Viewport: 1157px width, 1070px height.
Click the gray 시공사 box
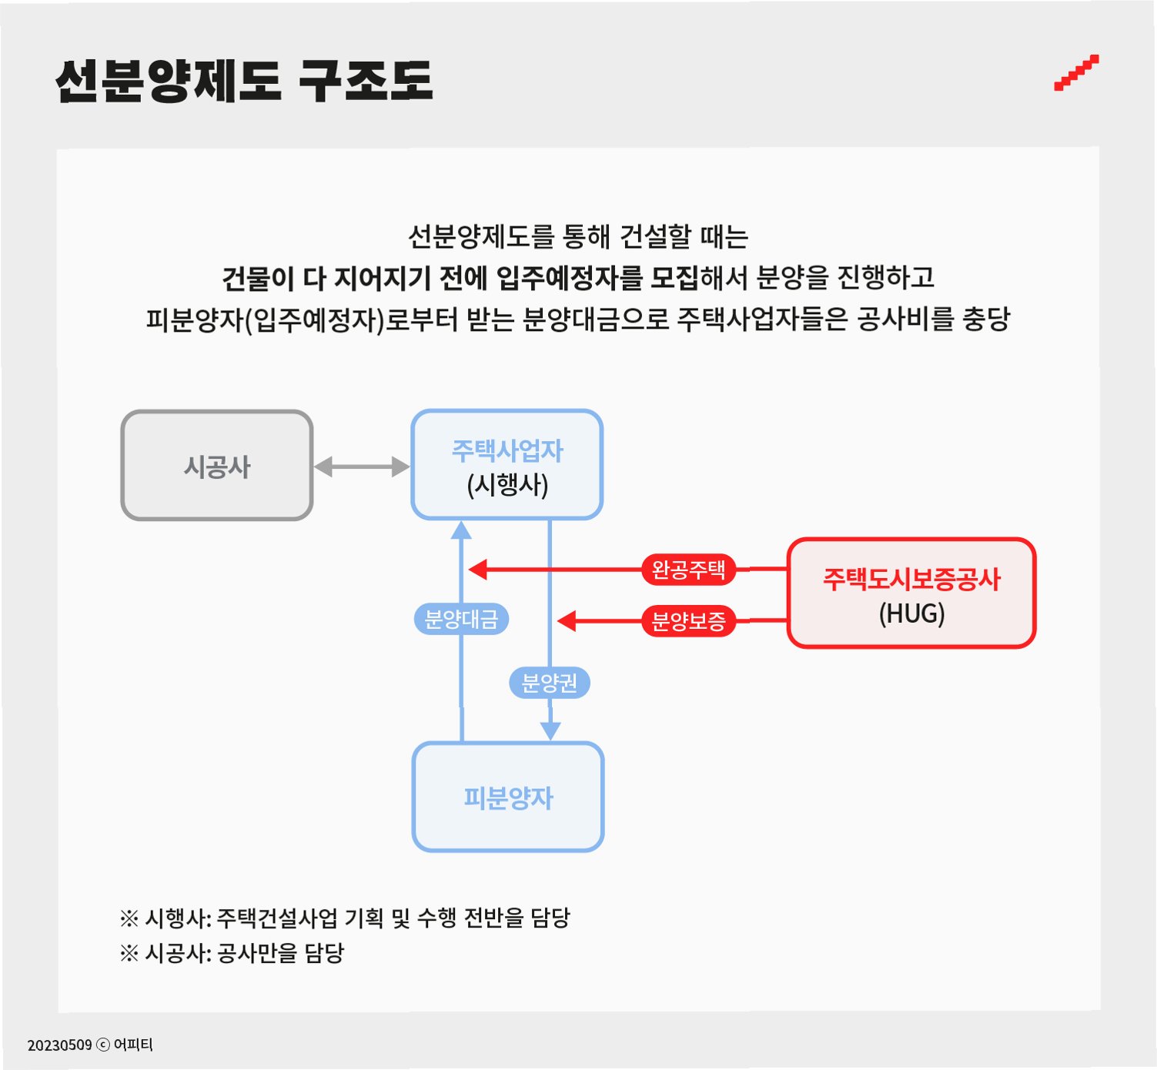pyautogui.click(x=217, y=466)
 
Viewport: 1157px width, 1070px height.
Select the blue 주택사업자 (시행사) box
pyautogui.click(x=507, y=465)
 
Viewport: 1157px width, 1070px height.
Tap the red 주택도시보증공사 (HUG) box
pyautogui.click(x=911, y=594)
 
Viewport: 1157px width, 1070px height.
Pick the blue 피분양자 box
pyautogui.click(x=508, y=797)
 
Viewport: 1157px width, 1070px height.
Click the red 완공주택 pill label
pyautogui.click(x=688, y=570)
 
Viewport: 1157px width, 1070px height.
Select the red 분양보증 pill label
pyautogui.click(x=688, y=620)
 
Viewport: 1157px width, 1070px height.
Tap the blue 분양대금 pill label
pyautogui.click(x=461, y=619)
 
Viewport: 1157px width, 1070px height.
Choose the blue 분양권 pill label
pyautogui.click(x=549, y=683)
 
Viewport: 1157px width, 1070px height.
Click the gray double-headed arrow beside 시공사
pyautogui.click(x=362, y=466)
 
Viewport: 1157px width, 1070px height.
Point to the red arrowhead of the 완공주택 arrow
pyautogui.click(x=478, y=570)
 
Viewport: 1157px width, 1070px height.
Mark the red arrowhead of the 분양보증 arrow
pyautogui.click(x=567, y=620)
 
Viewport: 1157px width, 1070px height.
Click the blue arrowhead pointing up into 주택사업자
pyautogui.click(x=461, y=530)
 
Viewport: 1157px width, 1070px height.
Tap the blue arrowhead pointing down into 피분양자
pyautogui.click(x=550, y=731)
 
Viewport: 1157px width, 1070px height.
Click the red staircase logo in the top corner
pyautogui.click(x=1076, y=73)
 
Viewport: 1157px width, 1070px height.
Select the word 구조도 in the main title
pyautogui.click(x=366, y=81)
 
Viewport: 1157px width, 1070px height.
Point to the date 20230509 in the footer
pyautogui.click(x=59, y=1045)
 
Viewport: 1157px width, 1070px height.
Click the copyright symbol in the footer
pyautogui.click(x=102, y=1045)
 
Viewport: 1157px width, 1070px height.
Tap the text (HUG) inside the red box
pyautogui.click(x=911, y=614)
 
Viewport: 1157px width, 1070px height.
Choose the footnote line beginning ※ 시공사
pyautogui.click(x=232, y=953)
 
